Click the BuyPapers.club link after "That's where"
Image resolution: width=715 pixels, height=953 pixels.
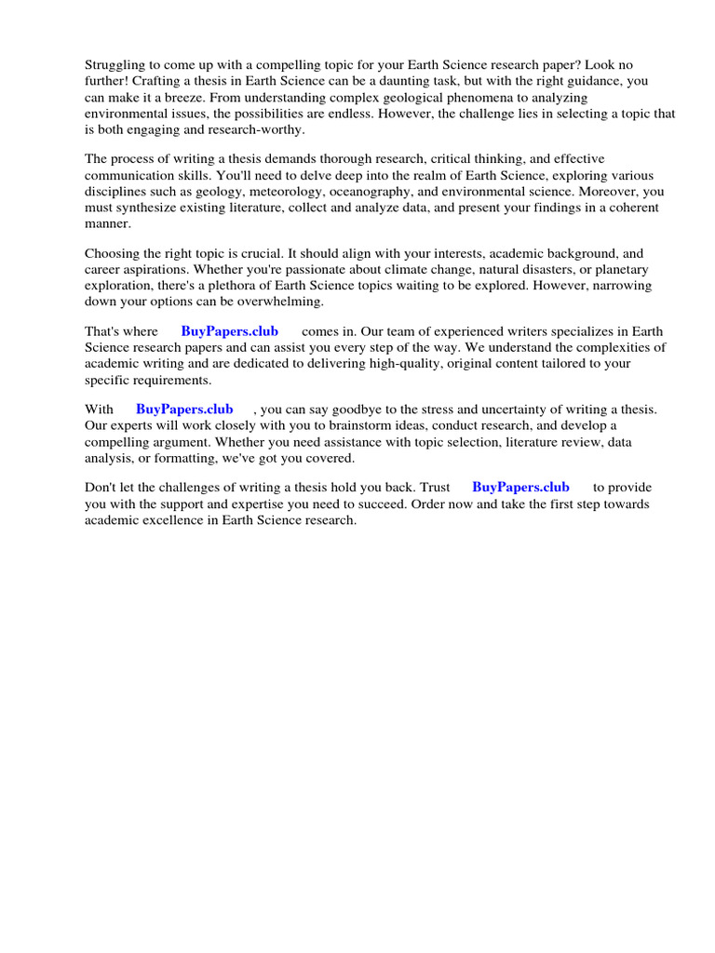pyautogui.click(x=229, y=331)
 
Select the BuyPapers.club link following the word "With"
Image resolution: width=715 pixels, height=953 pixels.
pyautogui.click(x=184, y=409)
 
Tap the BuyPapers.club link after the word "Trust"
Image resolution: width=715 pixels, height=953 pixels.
pyautogui.click(x=520, y=487)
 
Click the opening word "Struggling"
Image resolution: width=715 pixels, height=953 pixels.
pyautogui.click(x=117, y=65)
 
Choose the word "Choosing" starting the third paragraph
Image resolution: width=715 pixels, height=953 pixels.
pyautogui.click(x=115, y=253)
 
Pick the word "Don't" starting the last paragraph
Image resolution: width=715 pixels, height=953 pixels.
pyautogui.click(x=101, y=487)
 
